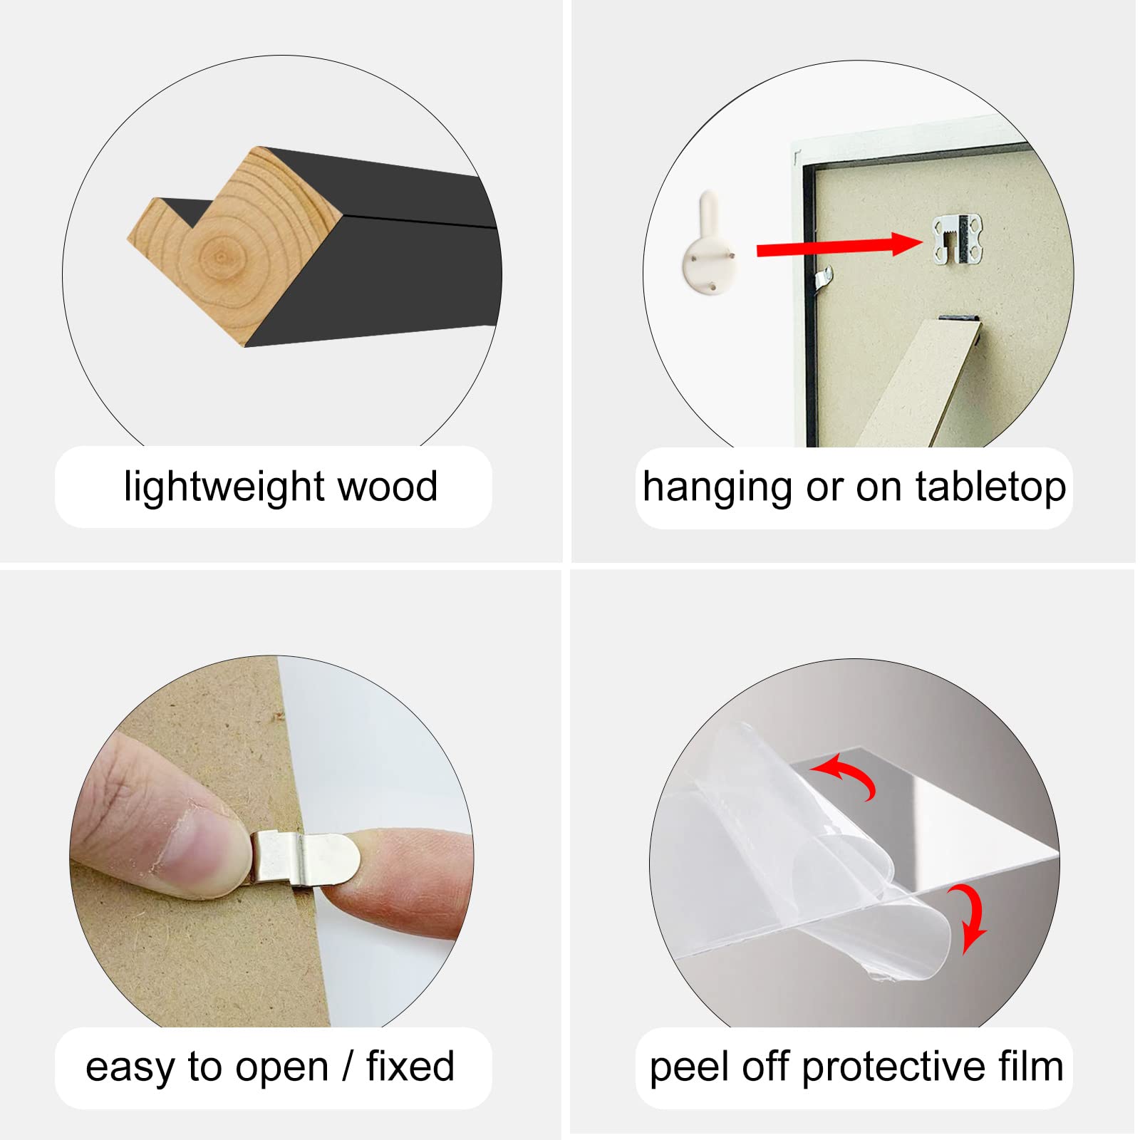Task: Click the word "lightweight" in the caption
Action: coord(225,488)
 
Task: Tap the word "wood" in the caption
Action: coord(388,487)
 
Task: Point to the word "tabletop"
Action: coord(990,489)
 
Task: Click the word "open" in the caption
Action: coord(282,1069)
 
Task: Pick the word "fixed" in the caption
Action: coord(410,1066)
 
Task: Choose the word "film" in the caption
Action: coord(1031,1066)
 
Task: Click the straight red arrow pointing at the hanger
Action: coord(839,246)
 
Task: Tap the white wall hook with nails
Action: coord(710,244)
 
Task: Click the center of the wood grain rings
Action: coord(220,256)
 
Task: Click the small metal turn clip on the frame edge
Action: coord(824,278)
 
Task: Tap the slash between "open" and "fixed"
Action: coord(348,1067)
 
